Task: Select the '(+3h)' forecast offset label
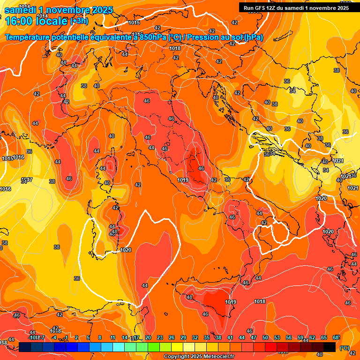point(79,21)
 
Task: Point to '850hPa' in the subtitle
point(153,37)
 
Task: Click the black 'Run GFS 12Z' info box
point(296,7)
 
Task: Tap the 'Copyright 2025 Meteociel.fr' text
point(199,356)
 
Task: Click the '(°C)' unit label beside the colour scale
point(344,347)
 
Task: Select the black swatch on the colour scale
point(330,347)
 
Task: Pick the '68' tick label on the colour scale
point(336,337)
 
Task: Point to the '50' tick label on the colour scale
point(265,337)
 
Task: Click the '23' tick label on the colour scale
point(160,337)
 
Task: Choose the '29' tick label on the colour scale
point(183,337)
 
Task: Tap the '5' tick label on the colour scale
point(89,337)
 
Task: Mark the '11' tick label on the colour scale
point(113,337)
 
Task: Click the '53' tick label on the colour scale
point(277,337)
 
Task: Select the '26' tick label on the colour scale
point(172,337)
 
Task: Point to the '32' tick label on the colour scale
point(195,337)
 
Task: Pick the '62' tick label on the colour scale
point(312,337)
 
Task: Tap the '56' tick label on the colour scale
point(289,337)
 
